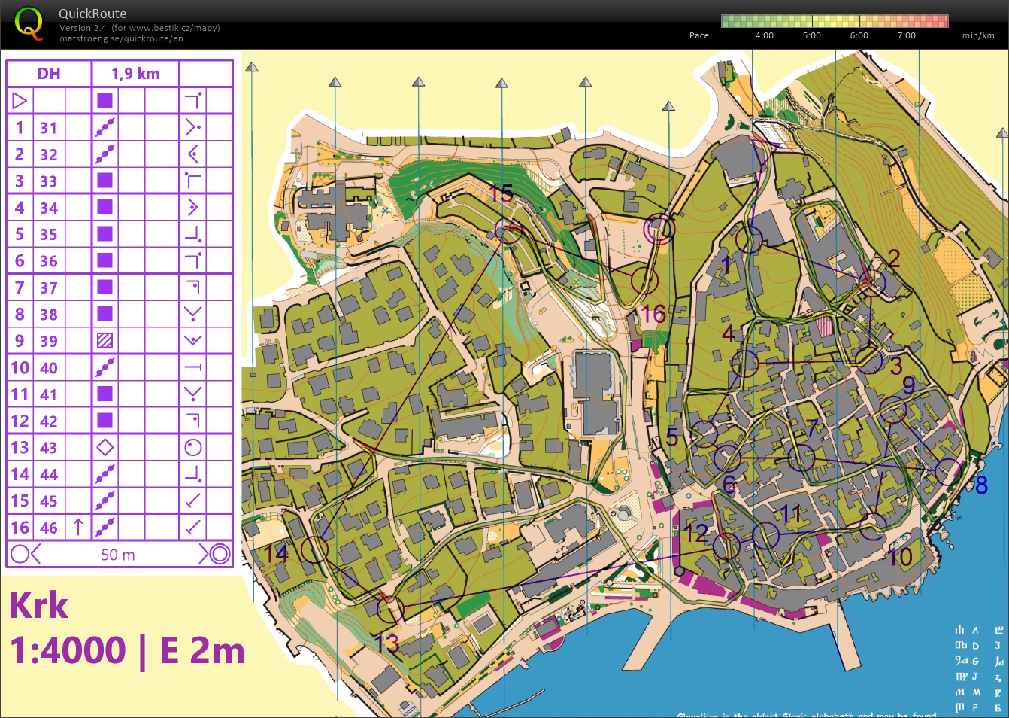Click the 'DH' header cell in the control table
49,74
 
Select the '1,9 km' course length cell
135,74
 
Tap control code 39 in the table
49,341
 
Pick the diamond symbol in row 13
105,448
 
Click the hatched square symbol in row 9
105,341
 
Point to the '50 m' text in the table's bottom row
118,555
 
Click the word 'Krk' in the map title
39,606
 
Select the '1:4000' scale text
68,651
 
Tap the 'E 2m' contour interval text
202,651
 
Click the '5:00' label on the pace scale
811,35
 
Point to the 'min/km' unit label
977,35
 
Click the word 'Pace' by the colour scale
698,35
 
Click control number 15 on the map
501,193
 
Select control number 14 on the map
276,553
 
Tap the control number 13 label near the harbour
386,643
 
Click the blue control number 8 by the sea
981,485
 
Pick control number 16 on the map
653,314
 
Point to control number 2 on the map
894,258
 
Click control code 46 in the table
49,528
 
